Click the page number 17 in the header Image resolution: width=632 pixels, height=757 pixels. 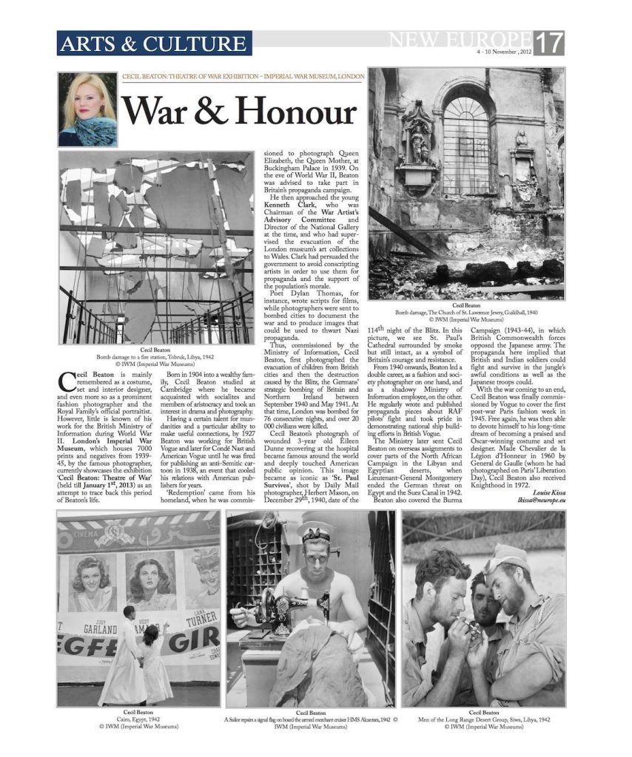551,42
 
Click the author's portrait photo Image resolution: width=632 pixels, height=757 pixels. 87,109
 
